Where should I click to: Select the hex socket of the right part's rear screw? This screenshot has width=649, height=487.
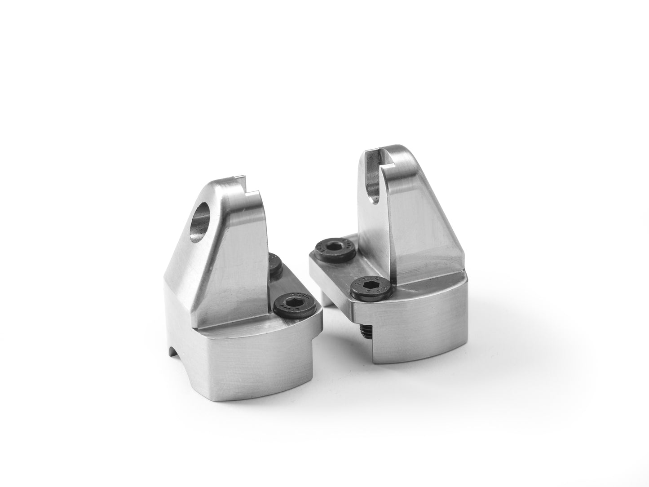(334, 247)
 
